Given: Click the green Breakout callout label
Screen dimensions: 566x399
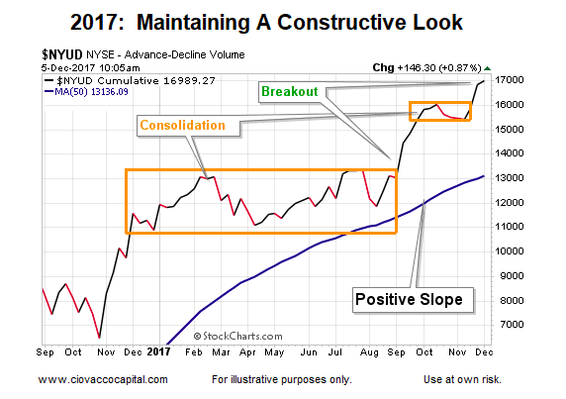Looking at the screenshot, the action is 290,92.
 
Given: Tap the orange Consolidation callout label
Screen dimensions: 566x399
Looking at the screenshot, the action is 183,126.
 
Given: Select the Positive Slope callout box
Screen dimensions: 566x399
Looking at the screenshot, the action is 413,300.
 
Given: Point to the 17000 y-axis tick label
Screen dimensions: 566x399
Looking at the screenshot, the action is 509,80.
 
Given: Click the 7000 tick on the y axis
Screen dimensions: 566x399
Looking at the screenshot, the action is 512,325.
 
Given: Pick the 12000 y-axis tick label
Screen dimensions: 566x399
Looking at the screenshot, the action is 509,202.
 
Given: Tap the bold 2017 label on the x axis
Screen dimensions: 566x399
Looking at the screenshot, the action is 158,351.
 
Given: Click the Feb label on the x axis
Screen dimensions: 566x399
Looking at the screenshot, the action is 194,352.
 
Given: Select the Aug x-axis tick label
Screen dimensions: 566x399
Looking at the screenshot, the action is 369,352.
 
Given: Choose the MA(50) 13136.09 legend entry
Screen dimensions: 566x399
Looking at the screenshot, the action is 87,92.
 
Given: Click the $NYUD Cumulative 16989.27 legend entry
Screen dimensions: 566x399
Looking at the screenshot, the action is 130,80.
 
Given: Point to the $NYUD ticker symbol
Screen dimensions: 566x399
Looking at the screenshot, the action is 61,54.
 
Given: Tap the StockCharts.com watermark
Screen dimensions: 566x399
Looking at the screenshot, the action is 237,337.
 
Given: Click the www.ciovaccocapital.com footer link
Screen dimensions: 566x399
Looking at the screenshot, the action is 103,379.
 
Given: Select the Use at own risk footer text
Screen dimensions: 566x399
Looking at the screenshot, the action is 462,379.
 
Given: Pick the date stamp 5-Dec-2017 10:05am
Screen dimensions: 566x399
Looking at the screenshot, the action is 90,68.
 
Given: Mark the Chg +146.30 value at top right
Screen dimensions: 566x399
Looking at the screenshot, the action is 427,67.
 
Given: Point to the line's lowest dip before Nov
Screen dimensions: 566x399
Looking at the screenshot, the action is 99,338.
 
